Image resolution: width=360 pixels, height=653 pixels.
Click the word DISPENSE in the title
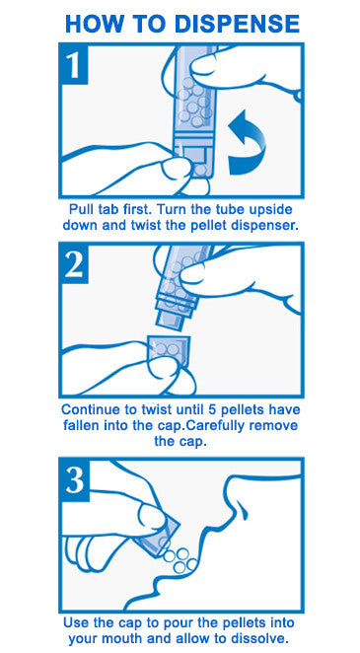[x=238, y=24]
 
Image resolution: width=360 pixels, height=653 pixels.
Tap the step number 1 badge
[x=75, y=64]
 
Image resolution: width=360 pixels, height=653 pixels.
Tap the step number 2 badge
[x=75, y=264]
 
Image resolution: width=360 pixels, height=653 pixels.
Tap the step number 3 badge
[x=75, y=480]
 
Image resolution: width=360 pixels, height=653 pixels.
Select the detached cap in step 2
[x=170, y=350]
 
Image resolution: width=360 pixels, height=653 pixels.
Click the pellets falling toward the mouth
[x=180, y=559]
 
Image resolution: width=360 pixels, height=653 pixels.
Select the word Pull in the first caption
[x=80, y=209]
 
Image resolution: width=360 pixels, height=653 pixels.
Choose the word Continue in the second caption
[x=87, y=409]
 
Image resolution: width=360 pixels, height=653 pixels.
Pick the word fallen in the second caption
[x=79, y=426]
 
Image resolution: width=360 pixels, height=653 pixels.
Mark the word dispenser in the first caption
[x=269, y=227]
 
